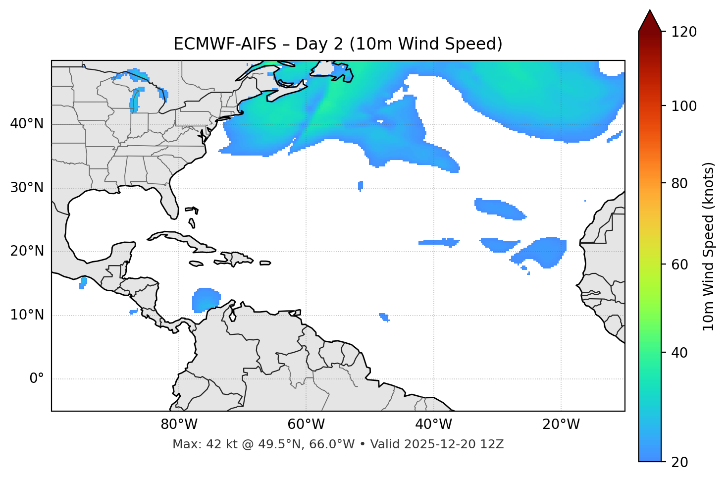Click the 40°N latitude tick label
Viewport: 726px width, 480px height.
(27, 124)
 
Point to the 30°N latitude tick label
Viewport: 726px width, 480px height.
(27, 188)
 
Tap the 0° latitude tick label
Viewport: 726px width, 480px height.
(37, 379)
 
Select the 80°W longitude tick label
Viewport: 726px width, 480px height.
(179, 425)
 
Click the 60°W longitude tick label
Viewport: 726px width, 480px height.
(306, 425)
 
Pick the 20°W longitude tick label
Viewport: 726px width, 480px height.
(561, 425)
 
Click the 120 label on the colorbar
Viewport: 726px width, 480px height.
(683, 32)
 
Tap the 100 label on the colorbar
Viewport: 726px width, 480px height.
(683, 106)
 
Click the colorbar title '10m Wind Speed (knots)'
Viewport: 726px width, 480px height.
(709, 247)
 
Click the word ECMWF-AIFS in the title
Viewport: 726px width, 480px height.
(225, 44)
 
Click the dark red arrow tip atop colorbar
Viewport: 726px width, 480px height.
(650, 20)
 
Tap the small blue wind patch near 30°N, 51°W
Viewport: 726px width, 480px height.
(361, 186)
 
